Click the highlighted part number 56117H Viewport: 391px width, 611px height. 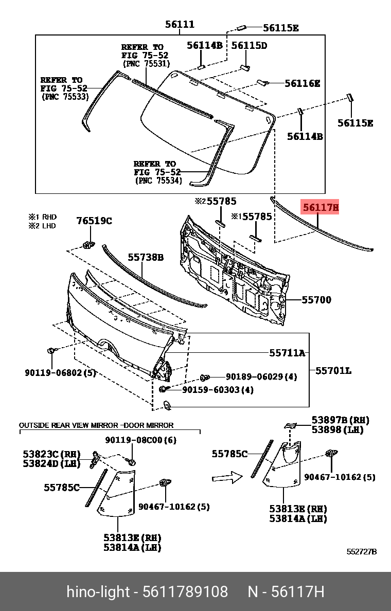[321, 208]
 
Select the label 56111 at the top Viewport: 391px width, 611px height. [180, 24]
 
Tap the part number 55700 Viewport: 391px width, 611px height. [316, 299]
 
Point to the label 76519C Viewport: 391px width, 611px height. [94, 221]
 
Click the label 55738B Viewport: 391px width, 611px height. [146, 257]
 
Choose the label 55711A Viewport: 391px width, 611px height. [287, 353]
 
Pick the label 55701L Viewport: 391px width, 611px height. [333, 370]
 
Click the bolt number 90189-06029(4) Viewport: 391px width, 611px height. [261, 377]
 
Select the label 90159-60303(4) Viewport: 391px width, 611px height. [218, 390]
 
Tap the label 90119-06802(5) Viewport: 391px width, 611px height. [60, 372]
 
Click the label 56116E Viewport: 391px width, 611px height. [303, 83]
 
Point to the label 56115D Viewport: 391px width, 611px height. [249, 45]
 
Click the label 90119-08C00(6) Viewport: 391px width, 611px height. [140, 440]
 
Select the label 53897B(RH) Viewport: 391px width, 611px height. [340, 420]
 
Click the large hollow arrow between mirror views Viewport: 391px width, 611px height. [227, 477]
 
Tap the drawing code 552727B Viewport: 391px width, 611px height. [361, 552]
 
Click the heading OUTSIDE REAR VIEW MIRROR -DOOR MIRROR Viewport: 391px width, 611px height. [96, 425]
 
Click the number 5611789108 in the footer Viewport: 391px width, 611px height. [185, 592]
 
